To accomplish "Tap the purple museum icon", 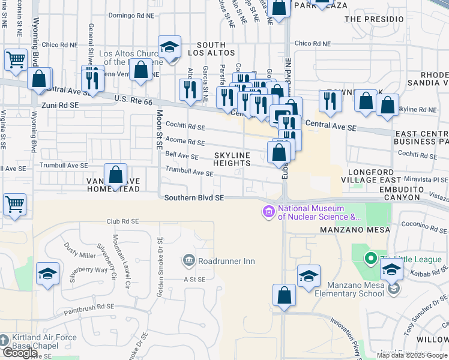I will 268,211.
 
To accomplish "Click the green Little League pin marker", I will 371,259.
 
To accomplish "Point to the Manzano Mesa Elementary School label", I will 355,289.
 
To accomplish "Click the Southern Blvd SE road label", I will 191,197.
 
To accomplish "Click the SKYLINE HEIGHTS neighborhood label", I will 232,159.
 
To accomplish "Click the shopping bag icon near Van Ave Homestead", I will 116,175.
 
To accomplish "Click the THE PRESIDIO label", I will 375,19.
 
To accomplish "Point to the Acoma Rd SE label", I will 185,142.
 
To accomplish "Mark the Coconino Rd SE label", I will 424,224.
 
